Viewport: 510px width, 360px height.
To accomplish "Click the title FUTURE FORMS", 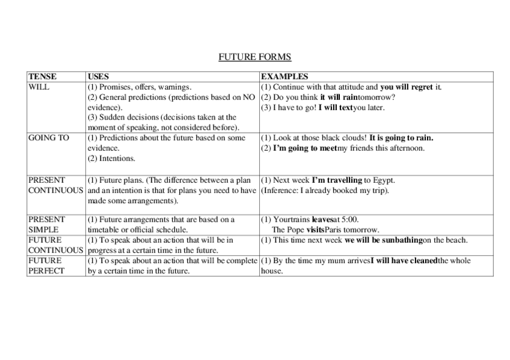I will point(254,57).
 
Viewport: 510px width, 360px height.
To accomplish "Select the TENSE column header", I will point(43,76).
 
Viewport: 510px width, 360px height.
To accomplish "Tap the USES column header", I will point(99,76).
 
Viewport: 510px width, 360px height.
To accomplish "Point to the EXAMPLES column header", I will point(284,76).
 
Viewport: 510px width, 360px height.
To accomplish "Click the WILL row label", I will point(39,87).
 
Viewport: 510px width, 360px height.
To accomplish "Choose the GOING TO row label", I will point(49,138).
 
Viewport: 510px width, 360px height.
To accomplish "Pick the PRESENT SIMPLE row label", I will point(46,224).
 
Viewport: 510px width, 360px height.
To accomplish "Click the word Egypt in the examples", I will point(384,180).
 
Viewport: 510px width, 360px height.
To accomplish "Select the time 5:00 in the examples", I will point(349,219).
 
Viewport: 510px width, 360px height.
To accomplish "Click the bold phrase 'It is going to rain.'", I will point(401,138).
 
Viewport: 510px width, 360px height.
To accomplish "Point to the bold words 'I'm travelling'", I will point(336,180).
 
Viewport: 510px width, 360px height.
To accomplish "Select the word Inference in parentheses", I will point(281,191).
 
